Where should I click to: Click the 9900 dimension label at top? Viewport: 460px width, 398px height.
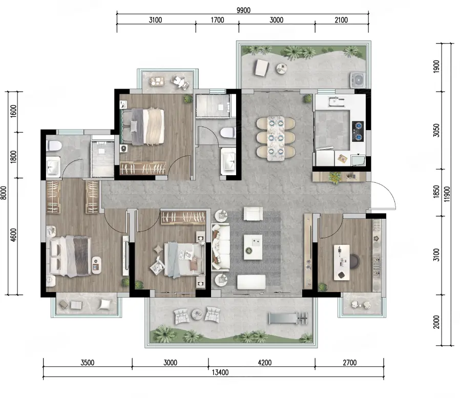pos(243,10)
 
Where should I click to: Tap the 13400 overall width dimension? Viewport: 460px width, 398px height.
pos(220,372)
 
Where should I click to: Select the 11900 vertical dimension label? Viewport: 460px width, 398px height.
pos(447,194)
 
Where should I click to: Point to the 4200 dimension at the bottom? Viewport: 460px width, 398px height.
pos(265,363)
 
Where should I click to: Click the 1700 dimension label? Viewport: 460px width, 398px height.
pos(217,20)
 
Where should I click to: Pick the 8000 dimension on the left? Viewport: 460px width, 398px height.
pos(4,193)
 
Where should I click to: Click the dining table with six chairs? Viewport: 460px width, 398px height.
pos(276,138)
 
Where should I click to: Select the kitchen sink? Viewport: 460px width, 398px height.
pos(336,101)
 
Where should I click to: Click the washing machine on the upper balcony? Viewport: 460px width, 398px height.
pos(358,80)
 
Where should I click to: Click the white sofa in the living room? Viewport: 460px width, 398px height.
pos(221,247)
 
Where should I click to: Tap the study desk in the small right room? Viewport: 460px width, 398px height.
pos(342,262)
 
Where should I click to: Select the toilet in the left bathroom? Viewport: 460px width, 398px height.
pos(54,145)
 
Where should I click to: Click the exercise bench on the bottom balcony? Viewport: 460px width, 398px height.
pos(288,318)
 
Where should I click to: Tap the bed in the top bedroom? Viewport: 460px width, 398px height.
pos(142,127)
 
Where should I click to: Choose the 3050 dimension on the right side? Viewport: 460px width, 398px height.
pos(436,130)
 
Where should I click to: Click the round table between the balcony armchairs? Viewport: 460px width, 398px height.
pos(197,315)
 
